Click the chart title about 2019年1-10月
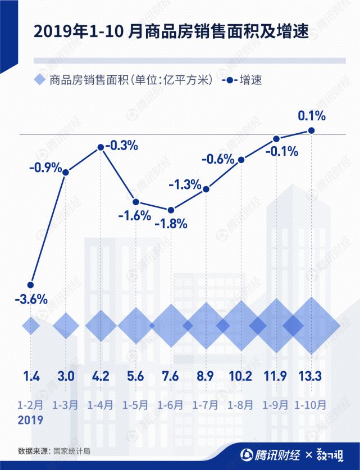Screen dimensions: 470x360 coord(172,31)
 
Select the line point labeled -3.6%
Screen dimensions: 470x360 coord(31,284)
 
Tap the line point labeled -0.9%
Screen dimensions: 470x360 coord(66,172)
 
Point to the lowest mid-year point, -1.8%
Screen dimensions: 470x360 coord(171,210)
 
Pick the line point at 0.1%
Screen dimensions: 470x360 coord(312,130)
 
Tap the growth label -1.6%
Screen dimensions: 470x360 coord(135,215)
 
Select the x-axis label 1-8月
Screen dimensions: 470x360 coord(241,405)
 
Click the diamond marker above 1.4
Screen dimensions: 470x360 coord(31,325)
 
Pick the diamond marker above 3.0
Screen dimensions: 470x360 coord(66,325)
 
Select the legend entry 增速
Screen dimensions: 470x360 coord(251,80)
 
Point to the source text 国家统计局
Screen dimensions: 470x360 coord(72,451)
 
